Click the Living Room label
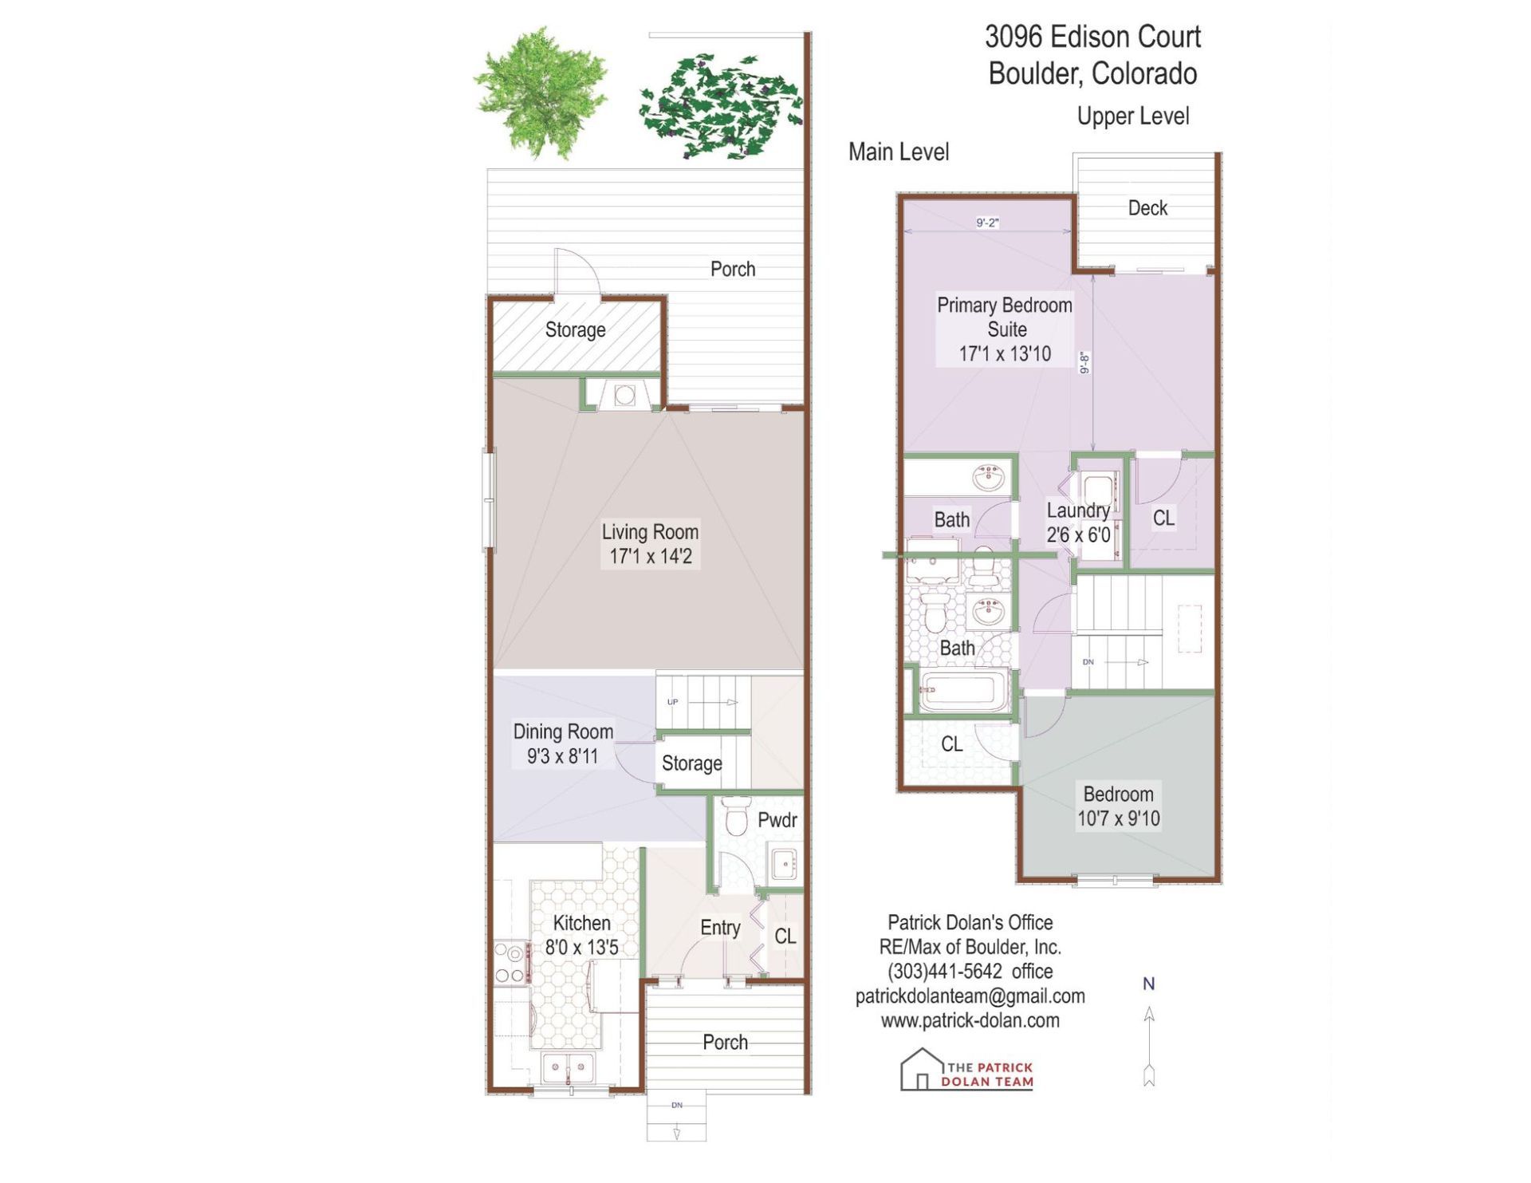pyautogui.click(x=650, y=544)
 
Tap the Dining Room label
pyautogui.click(x=563, y=743)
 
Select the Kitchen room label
pyautogui.click(x=581, y=935)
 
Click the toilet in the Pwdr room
pyautogui.click(x=736, y=815)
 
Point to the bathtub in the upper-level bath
pyautogui.click(x=964, y=691)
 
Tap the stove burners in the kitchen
pyautogui.click(x=510, y=963)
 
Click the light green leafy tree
pyautogui.click(x=541, y=93)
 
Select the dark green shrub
pyautogui.click(x=720, y=105)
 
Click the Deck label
pyautogui.click(x=1147, y=208)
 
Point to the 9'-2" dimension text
pyautogui.click(x=987, y=223)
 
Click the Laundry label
pyautogui.click(x=1078, y=510)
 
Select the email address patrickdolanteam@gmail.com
pyautogui.click(x=970, y=996)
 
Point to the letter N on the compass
pyautogui.click(x=1148, y=984)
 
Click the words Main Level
pyautogui.click(x=898, y=152)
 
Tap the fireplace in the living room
pyautogui.click(x=624, y=395)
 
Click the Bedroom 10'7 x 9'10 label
pyautogui.click(x=1118, y=806)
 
